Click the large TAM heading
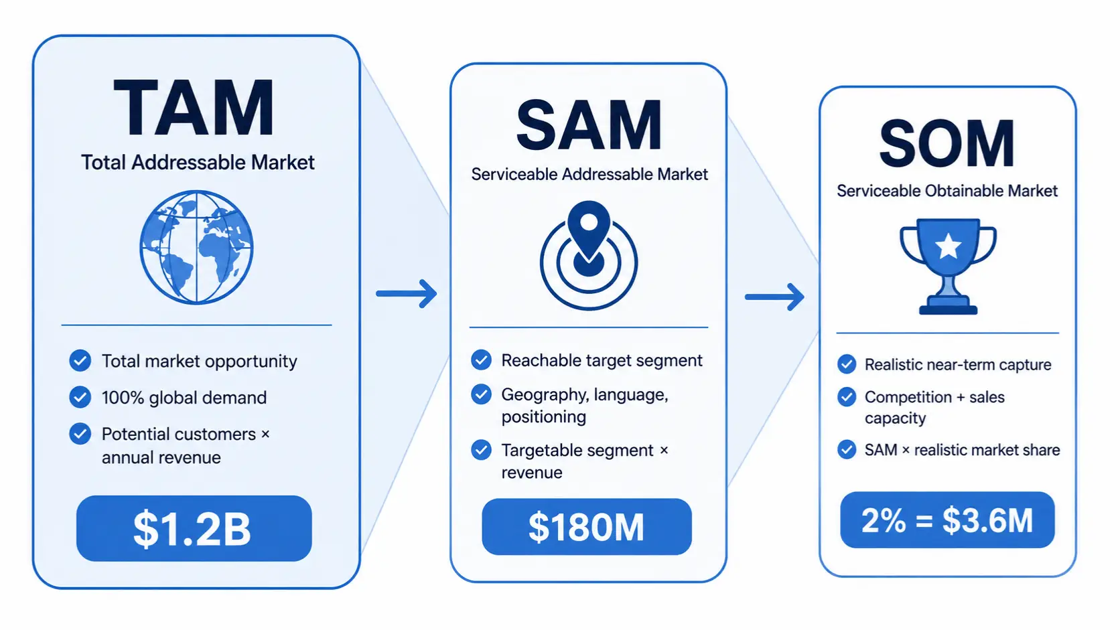(x=194, y=107)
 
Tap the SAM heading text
(x=589, y=125)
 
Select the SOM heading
(x=947, y=144)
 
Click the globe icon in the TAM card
(x=196, y=247)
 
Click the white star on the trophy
(x=948, y=246)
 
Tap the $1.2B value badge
(x=194, y=528)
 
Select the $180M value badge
(x=587, y=527)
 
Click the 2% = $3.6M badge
(x=947, y=520)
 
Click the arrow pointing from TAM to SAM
(x=407, y=293)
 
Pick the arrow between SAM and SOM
(x=774, y=297)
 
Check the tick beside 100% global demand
(x=80, y=398)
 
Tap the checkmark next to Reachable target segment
(x=481, y=360)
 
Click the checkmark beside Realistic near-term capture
(x=847, y=364)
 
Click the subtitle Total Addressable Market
(x=198, y=163)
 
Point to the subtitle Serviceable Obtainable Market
(x=947, y=191)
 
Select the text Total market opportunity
(x=199, y=362)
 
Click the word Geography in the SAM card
(x=543, y=395)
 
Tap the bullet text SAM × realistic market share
(x=963, y=450)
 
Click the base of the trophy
(x=948, y=305)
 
